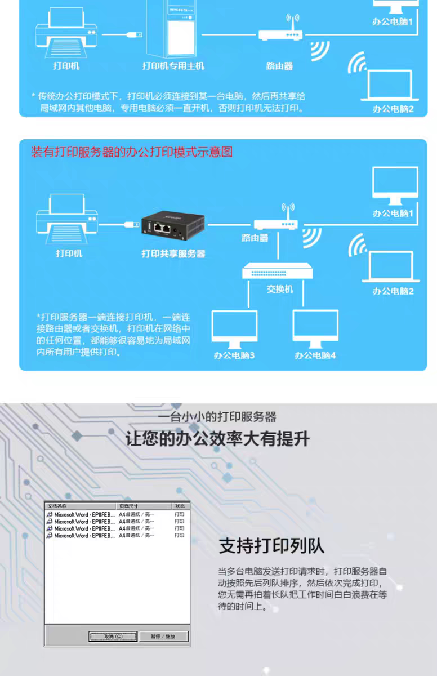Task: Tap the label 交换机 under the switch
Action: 280,289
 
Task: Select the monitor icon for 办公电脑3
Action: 234,328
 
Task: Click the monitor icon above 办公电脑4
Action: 315,328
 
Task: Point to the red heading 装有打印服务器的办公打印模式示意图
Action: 132,152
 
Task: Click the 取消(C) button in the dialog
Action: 113,637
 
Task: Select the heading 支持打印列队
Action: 271,546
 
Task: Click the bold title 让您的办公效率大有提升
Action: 218,438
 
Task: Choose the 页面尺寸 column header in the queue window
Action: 128,506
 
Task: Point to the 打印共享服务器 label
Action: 173,254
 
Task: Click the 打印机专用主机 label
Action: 173,66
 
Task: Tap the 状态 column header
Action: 180,506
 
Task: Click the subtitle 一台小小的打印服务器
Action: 218,417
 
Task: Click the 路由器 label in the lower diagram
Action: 255,238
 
